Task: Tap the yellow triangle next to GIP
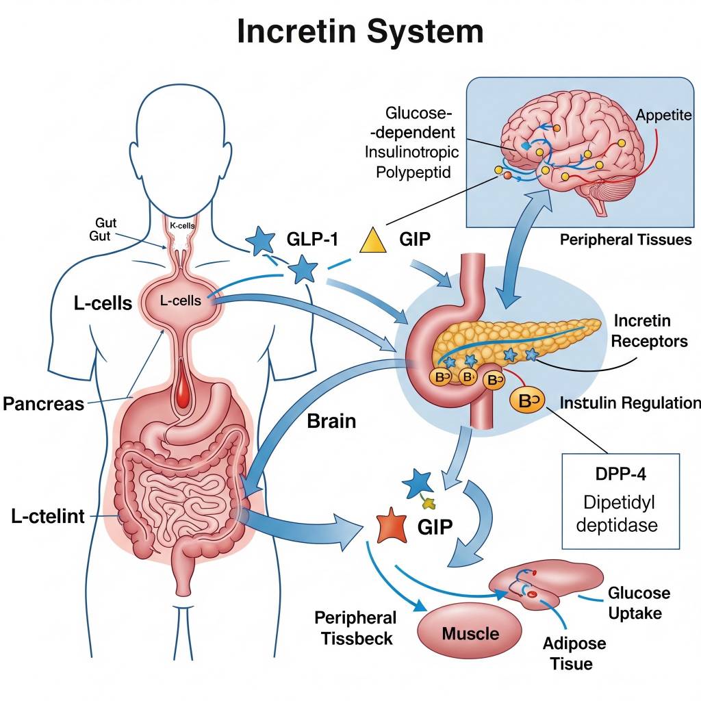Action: click(x=374, y=240)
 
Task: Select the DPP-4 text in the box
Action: click(x=621, y=474)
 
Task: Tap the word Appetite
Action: click(x=663, y=114)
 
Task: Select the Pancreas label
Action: click(x=43, y=403)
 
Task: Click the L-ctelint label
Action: click(x=48, y=516)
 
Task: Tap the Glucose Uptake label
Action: click(x=639, y=602)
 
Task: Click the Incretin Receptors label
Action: click(x=650, y=330)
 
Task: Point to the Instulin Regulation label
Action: click(x=630, y=403)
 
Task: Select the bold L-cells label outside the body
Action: click(x=103, y=303)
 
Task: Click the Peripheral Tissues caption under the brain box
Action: click(x=625, y=240)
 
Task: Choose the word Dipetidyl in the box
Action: click(x=620, y=502)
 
